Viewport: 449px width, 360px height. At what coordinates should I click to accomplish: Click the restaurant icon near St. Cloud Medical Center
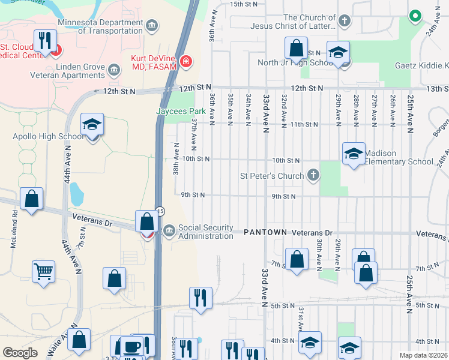pyautogui.click(x=45, y=41)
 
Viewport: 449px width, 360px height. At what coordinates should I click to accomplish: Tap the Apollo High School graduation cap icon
pyautogui.click(x=91, y=125)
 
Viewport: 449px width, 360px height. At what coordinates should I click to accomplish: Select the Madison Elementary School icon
pyautogui.click(x=354, y=154)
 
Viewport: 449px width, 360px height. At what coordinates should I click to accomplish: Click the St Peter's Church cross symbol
pyautogui.click(x=312, y=176)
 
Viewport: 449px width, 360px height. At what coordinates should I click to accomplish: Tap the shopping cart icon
pyautogui.click(x=43, y=272)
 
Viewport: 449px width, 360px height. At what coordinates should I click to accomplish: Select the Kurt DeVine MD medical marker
pyautogui.click(x=186, y=61)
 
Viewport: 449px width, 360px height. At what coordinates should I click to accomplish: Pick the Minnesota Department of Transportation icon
pyautogui.click(x=151, y=25)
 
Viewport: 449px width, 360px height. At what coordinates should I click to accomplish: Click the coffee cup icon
pyautogui.click(x=131, y=347)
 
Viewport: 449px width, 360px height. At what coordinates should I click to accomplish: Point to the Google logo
pyautogui.click(x=20, y=353)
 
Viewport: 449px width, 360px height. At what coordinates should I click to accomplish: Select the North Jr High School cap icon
pyautogui.click(x=338, y=52)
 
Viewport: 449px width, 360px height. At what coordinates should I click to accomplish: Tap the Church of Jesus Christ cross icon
pyautogui.click(x=344, y=22)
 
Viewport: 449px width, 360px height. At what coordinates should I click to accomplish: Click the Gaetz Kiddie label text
pyautogui.click(x=421, y=65)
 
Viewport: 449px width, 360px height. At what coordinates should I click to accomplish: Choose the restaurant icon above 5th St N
pyautogui.click(x=200, y=298)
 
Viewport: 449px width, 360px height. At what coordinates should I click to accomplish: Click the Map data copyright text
pyautogui.click(x=423, y=355)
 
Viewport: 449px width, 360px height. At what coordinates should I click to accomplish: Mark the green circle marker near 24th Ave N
pyautogui.click(x=414, y=16)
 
